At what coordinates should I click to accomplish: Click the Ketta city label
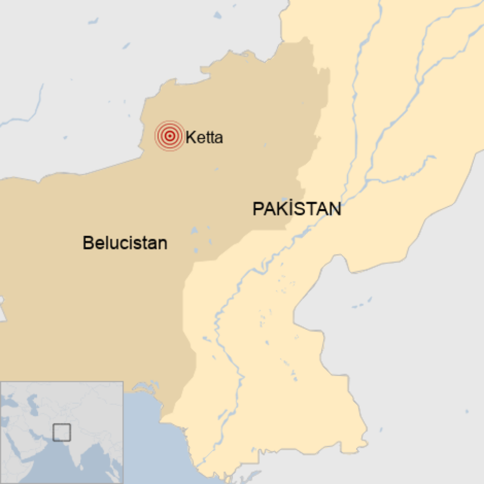click(x=204, y=138)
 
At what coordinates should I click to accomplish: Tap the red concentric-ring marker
click(x=169, y=136)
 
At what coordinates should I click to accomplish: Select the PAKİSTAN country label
click(x=297, y=209)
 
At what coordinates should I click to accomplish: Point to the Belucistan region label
click(x=125, y=243)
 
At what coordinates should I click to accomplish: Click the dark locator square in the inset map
click(x=62, y=432)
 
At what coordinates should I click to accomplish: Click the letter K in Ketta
click(x=190, y=138)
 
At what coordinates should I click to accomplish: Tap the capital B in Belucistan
click(x=87, y=243)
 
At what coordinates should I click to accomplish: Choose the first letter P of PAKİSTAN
click(x=257, y=209)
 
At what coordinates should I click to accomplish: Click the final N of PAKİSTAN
click(x=335, y=209)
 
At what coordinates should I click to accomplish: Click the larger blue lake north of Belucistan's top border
click(x=217, y=15)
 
